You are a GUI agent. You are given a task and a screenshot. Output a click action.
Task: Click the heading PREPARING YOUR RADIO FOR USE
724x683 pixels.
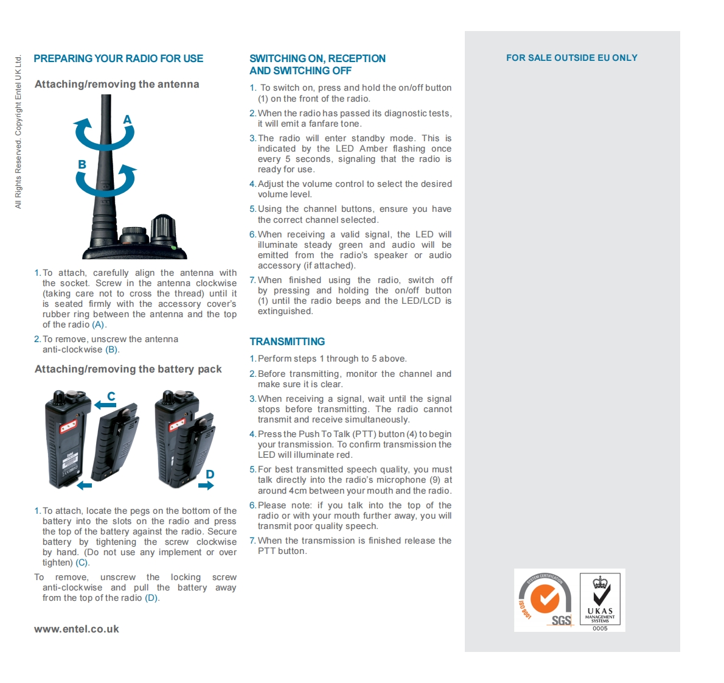(118, 58)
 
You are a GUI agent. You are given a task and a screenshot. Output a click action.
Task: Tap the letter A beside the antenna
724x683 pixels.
(127, 120)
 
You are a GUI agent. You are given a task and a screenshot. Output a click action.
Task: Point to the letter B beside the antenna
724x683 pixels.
(82, 164)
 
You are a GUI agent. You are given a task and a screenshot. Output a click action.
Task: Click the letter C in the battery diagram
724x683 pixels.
(111, 396)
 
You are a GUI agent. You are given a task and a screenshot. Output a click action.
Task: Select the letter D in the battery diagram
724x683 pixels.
(210, 474)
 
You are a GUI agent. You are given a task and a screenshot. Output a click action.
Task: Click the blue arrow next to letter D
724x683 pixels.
(206, 485)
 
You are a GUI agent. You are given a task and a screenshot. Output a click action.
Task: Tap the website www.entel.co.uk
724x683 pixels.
(77, 629)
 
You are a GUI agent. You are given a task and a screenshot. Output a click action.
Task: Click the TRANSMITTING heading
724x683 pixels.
(287, 341)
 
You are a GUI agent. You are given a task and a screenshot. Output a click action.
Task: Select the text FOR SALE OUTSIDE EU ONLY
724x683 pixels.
(572, 58)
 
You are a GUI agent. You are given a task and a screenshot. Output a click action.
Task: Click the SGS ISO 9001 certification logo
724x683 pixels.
(545, 600)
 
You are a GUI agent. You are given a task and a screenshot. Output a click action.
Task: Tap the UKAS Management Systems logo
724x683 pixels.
(600, 599)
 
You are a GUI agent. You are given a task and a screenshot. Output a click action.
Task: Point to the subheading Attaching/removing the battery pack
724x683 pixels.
(128, 370)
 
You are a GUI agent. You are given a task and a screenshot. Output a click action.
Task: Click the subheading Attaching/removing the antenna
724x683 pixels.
(117, 84)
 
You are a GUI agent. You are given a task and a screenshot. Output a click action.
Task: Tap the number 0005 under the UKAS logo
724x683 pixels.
(600, 628)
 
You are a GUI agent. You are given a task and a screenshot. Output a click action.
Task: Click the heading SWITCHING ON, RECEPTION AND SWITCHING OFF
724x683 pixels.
(318, 65)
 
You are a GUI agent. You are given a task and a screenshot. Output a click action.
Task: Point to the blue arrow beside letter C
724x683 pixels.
(105, 405)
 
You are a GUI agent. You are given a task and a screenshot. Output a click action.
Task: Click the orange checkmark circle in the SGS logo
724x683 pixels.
(545, 599)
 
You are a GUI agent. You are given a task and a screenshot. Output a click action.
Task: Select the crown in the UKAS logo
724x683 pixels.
(600, 582)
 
